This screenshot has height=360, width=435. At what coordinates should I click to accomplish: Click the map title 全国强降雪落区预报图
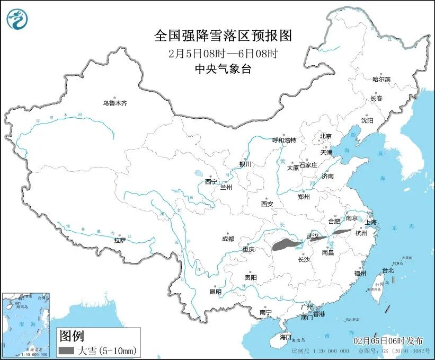223,36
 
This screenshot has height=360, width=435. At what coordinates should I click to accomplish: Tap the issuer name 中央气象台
223,68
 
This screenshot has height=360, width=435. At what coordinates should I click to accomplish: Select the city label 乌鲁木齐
115,103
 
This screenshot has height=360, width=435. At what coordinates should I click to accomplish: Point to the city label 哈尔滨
381,80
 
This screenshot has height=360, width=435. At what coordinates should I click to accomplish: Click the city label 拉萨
120,240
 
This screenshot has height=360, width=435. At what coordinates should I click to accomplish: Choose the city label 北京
325,136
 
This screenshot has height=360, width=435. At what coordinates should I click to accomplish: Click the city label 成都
228,239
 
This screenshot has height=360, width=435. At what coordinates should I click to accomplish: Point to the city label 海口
286,337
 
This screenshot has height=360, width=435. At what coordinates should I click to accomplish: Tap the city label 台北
388,270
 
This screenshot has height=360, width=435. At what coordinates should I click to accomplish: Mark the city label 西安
267,204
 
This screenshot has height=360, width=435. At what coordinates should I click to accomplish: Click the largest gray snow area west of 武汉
286,244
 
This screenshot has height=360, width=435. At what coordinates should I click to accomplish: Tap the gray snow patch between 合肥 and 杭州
342,232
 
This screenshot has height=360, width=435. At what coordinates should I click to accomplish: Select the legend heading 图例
72,336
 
